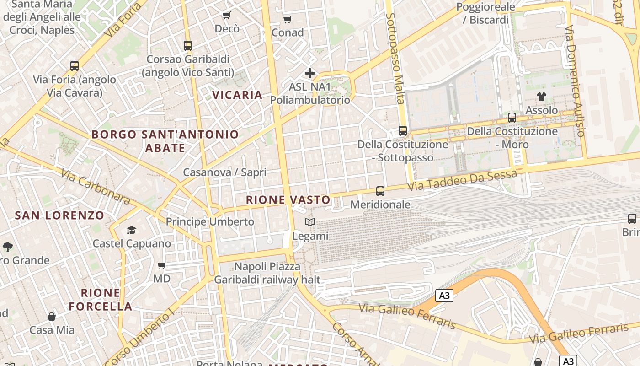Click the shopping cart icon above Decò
[226, 16]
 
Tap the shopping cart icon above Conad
[287, 19]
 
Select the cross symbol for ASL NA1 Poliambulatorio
[310, 73]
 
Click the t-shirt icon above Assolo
[542, 97]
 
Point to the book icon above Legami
[310, 222]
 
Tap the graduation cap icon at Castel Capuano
[132, 230]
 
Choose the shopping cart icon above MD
[161, 265]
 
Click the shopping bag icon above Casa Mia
[52, 317]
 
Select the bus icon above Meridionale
[380, 191]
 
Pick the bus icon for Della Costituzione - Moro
[512, 118]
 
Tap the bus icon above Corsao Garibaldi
[187, 46]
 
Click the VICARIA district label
[237, 95]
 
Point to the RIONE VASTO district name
[288, 200]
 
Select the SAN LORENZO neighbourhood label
[59, 215]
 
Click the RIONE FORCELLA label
[101, 300]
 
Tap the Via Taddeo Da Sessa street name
[462, 180]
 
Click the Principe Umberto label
[210, 222]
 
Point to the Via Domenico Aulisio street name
[575, 81]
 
